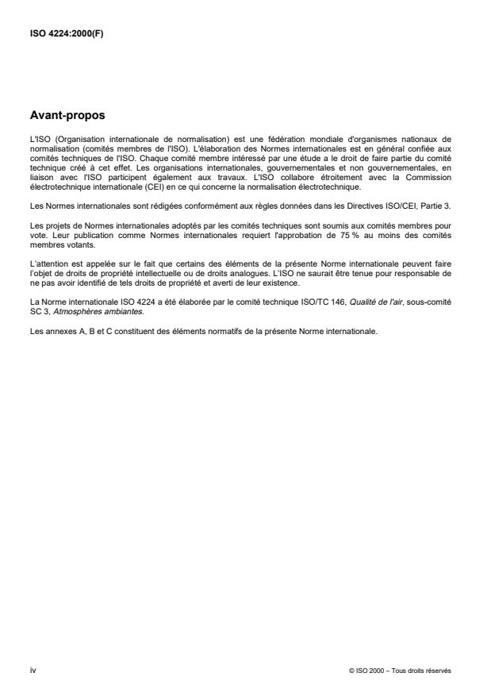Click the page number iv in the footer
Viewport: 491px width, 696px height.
click(33, 671)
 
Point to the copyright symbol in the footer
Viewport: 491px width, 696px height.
click(351, 671)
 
